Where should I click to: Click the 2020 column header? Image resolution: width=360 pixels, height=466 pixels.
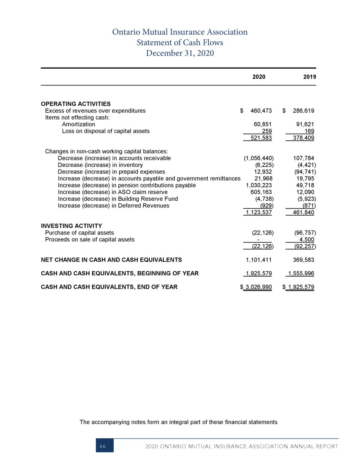258,77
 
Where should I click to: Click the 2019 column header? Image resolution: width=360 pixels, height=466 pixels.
309,77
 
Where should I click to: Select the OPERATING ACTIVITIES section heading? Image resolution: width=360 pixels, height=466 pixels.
76,104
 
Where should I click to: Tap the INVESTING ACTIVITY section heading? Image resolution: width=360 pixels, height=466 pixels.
71,226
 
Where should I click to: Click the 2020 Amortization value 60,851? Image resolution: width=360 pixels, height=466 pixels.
262,124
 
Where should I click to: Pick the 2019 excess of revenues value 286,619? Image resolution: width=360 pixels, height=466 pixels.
303,111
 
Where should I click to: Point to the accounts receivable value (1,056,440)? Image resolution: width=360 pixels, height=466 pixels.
258,158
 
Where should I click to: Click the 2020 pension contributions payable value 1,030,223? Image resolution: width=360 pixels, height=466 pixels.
259,185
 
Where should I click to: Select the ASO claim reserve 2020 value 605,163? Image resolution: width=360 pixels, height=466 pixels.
261,192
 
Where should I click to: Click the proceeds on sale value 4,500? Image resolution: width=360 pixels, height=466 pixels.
307,239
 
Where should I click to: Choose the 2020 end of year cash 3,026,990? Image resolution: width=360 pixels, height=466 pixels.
258,287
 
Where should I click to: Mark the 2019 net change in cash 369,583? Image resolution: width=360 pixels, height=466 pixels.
303,260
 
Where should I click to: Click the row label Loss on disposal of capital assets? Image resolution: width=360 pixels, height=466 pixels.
106,131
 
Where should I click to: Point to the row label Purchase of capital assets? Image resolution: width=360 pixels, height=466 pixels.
79,233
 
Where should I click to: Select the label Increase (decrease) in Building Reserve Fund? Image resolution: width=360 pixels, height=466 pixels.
118,199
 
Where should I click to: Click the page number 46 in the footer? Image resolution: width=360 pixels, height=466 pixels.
103,446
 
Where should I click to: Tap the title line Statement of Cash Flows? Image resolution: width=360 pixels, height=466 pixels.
180,42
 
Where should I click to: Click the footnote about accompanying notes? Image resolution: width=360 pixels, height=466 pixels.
178,422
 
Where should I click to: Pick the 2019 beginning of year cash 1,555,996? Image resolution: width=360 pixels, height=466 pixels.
301,274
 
